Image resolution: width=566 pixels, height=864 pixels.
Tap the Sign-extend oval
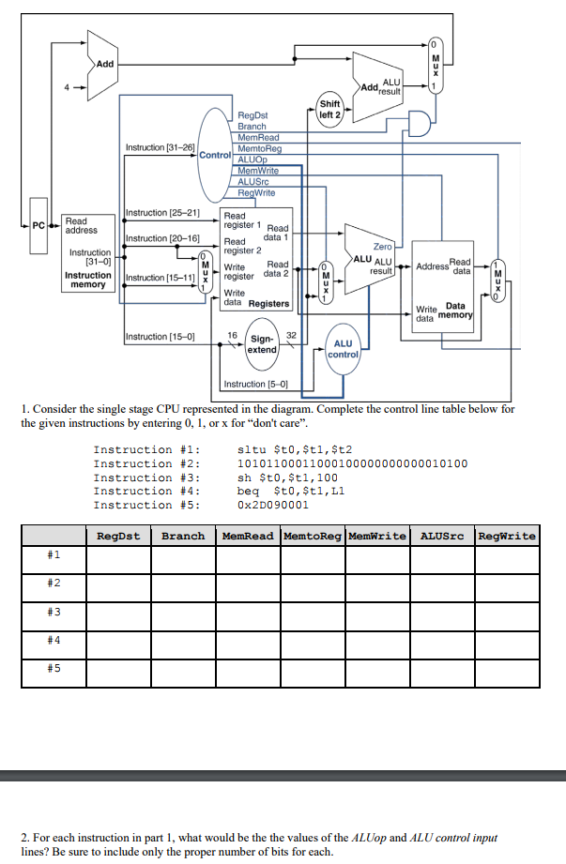tap(262, 343)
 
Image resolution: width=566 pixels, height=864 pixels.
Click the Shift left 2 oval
tap(329, 110)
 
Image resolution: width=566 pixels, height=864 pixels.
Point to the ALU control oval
tap(344, 350)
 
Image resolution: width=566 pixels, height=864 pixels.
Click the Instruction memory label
tap(87, 280)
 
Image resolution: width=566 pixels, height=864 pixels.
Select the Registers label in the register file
tap(268, 304)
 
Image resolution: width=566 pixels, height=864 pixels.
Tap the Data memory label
tap(455, 311)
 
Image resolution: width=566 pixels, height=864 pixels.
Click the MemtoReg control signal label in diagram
tap(260, 148)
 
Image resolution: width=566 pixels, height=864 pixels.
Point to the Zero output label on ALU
tap(383, 246)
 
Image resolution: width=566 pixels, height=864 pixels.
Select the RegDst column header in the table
tap(118, 536)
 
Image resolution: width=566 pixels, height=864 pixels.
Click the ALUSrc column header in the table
tap(442, 536)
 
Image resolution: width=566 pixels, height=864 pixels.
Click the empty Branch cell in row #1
tap(183, 557)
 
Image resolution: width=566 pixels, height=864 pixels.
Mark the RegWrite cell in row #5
tap(507, 671)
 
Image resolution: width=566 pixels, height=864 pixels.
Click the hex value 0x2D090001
tap(273, 506)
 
